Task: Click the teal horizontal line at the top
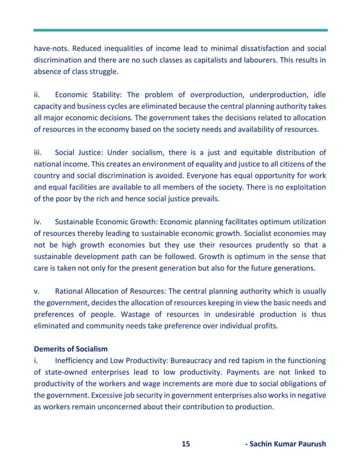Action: [x=180, y=30]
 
